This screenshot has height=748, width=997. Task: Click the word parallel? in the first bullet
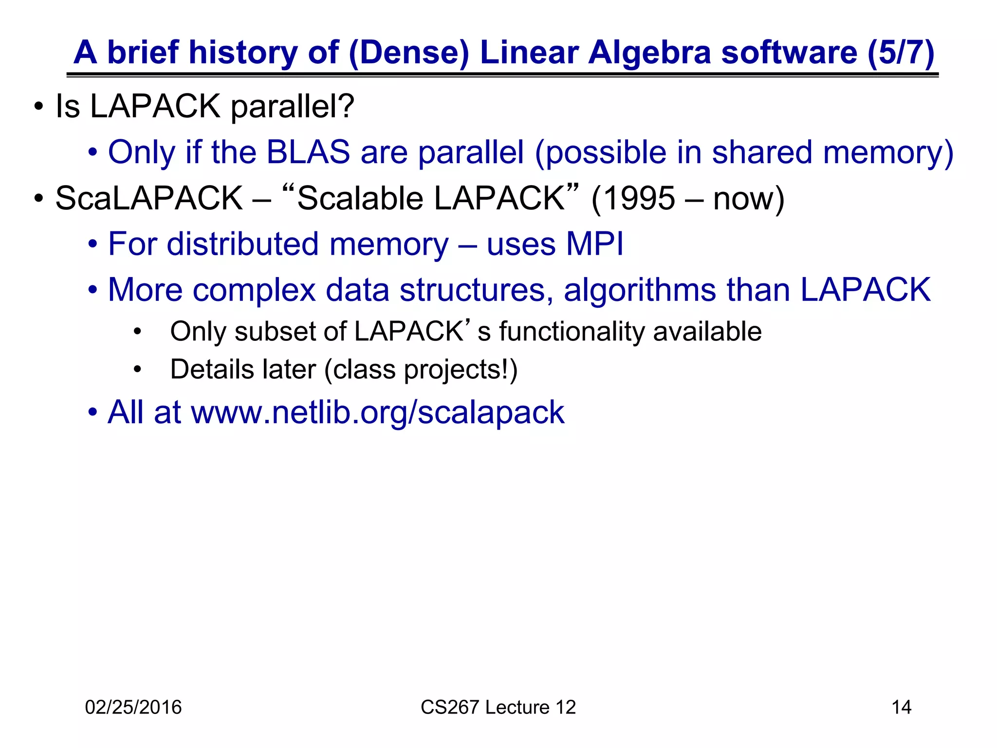coord(292,106)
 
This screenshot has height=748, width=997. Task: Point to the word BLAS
coord(308,152)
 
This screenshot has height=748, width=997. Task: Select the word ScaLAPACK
coord(148,198)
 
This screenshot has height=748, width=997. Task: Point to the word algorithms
coord(640,290)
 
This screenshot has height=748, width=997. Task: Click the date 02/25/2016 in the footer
coord(133,707)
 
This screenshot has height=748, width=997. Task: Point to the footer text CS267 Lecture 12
coord(498,707)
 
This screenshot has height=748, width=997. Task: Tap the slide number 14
coord(901,707)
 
